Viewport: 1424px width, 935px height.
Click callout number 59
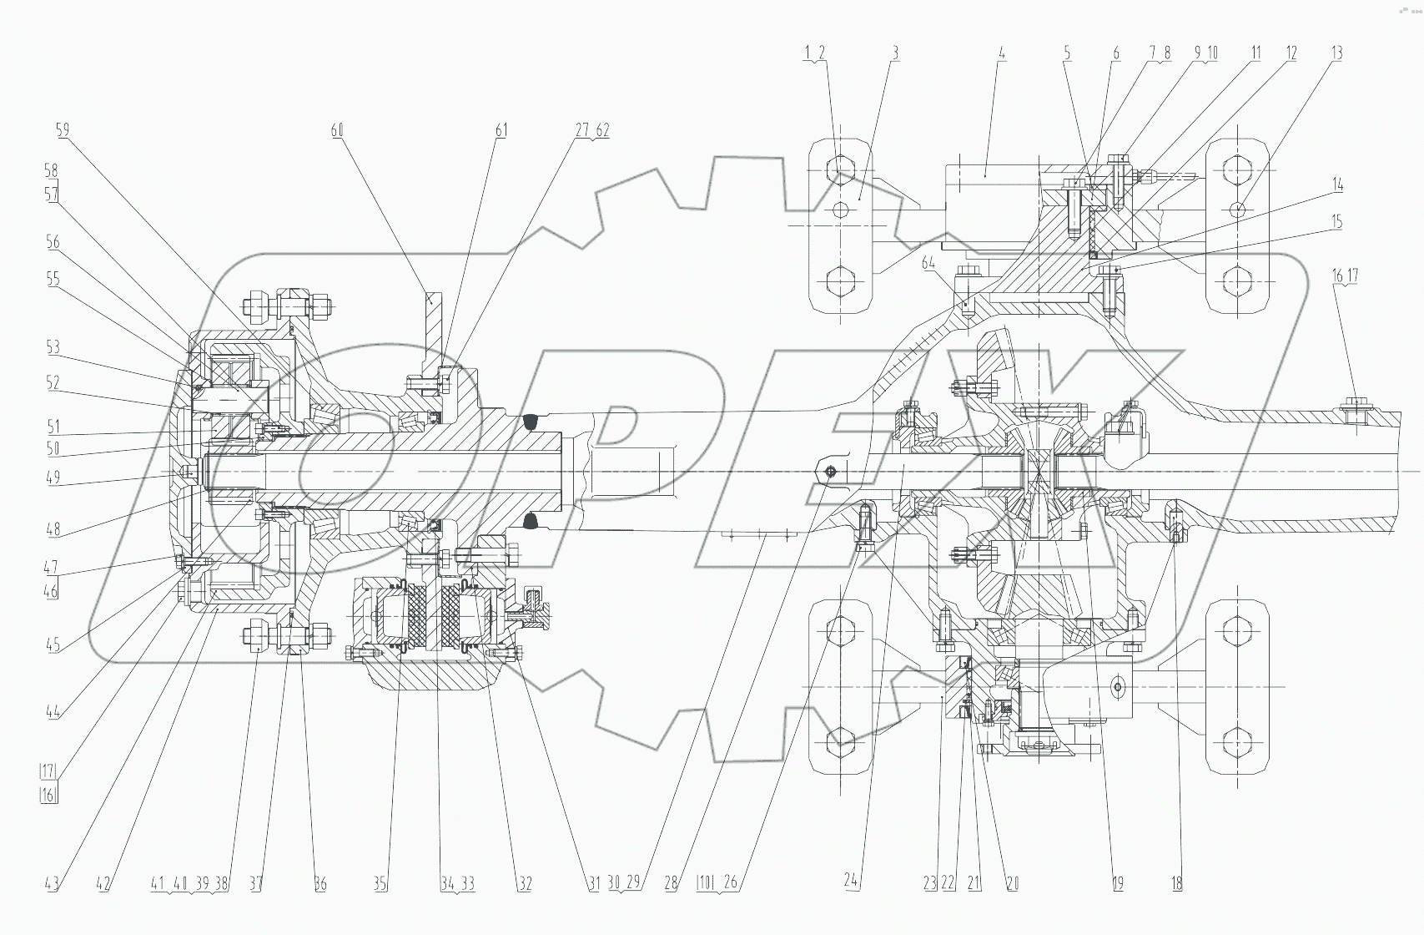click(63, 129)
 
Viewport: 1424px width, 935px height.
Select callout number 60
click(337, 129)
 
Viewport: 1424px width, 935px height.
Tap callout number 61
click(501, 129)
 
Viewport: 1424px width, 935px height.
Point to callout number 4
click(1002, 53)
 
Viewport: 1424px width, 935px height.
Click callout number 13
click(1336, 53)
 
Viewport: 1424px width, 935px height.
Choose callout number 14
click(1336, 184)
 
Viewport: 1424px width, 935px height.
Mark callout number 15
click(1336, 222)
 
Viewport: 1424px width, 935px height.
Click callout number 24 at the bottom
click(851, 883)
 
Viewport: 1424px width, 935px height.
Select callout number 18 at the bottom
click(1176, 883)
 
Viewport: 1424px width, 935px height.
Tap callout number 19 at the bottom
click(1118, 883)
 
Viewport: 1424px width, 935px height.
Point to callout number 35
click(380, 883)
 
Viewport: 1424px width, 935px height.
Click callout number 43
click(52, 883)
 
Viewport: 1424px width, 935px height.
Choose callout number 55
click(53, 279)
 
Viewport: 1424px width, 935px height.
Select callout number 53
click(53, 346)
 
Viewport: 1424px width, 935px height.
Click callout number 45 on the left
click(53, 644)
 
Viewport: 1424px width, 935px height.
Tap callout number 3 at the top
click(895, 53)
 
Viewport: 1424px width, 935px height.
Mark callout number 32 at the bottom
click(524, 883)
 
